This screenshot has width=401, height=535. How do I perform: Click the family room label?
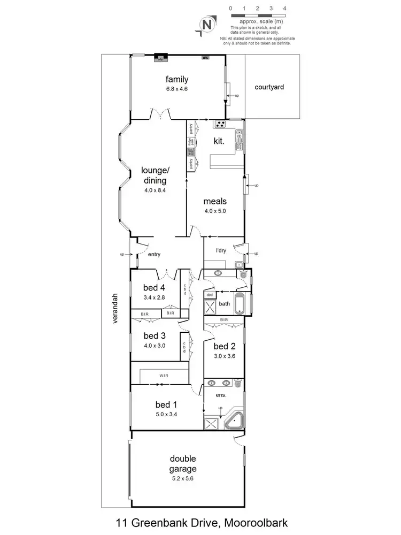point(176,80)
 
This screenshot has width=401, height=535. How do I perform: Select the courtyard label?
point(269,86)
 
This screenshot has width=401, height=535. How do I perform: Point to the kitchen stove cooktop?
point(220,125)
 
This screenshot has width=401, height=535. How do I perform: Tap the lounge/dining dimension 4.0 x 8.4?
point(155,190)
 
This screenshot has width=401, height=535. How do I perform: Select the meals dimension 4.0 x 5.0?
point(215,211)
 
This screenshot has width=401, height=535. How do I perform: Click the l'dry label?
point(221,250)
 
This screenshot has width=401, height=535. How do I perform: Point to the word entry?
point(153,255)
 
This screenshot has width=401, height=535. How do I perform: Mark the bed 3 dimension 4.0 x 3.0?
point(155,346)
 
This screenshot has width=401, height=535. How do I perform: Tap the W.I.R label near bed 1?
point(163,376)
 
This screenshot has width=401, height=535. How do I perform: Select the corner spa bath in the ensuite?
point(234,421)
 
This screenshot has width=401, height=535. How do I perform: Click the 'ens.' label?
point(221,396)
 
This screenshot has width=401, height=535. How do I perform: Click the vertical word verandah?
point(114,310)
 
